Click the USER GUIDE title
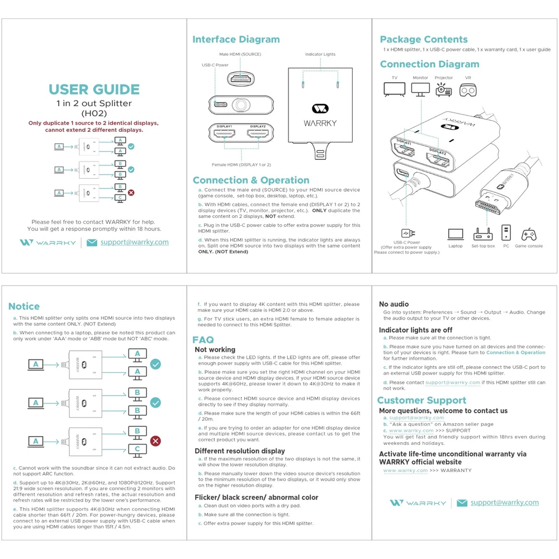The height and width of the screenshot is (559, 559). point(94,89)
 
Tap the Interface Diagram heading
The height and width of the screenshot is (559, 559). point(236,40)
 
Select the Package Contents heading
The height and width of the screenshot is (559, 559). point(424,40)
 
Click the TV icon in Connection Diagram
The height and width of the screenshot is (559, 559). point(394,89)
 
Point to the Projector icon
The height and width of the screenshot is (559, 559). point(443,89)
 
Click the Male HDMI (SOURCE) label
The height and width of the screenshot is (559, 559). point(240,54)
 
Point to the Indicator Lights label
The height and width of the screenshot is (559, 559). point(320,54)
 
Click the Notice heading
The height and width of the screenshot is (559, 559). point(24,306)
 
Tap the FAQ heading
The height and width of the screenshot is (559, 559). point(203,340)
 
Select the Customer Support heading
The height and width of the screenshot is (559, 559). point(421,400)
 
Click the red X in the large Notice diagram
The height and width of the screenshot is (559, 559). point(156,441)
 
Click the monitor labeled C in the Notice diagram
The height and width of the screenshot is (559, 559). point(137,449)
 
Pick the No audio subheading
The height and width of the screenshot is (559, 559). point(394,304)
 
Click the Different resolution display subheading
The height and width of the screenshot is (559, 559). point(240,451)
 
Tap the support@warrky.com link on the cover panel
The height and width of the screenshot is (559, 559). point(134,242)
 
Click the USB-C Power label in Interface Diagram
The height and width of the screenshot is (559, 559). point(215,65)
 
